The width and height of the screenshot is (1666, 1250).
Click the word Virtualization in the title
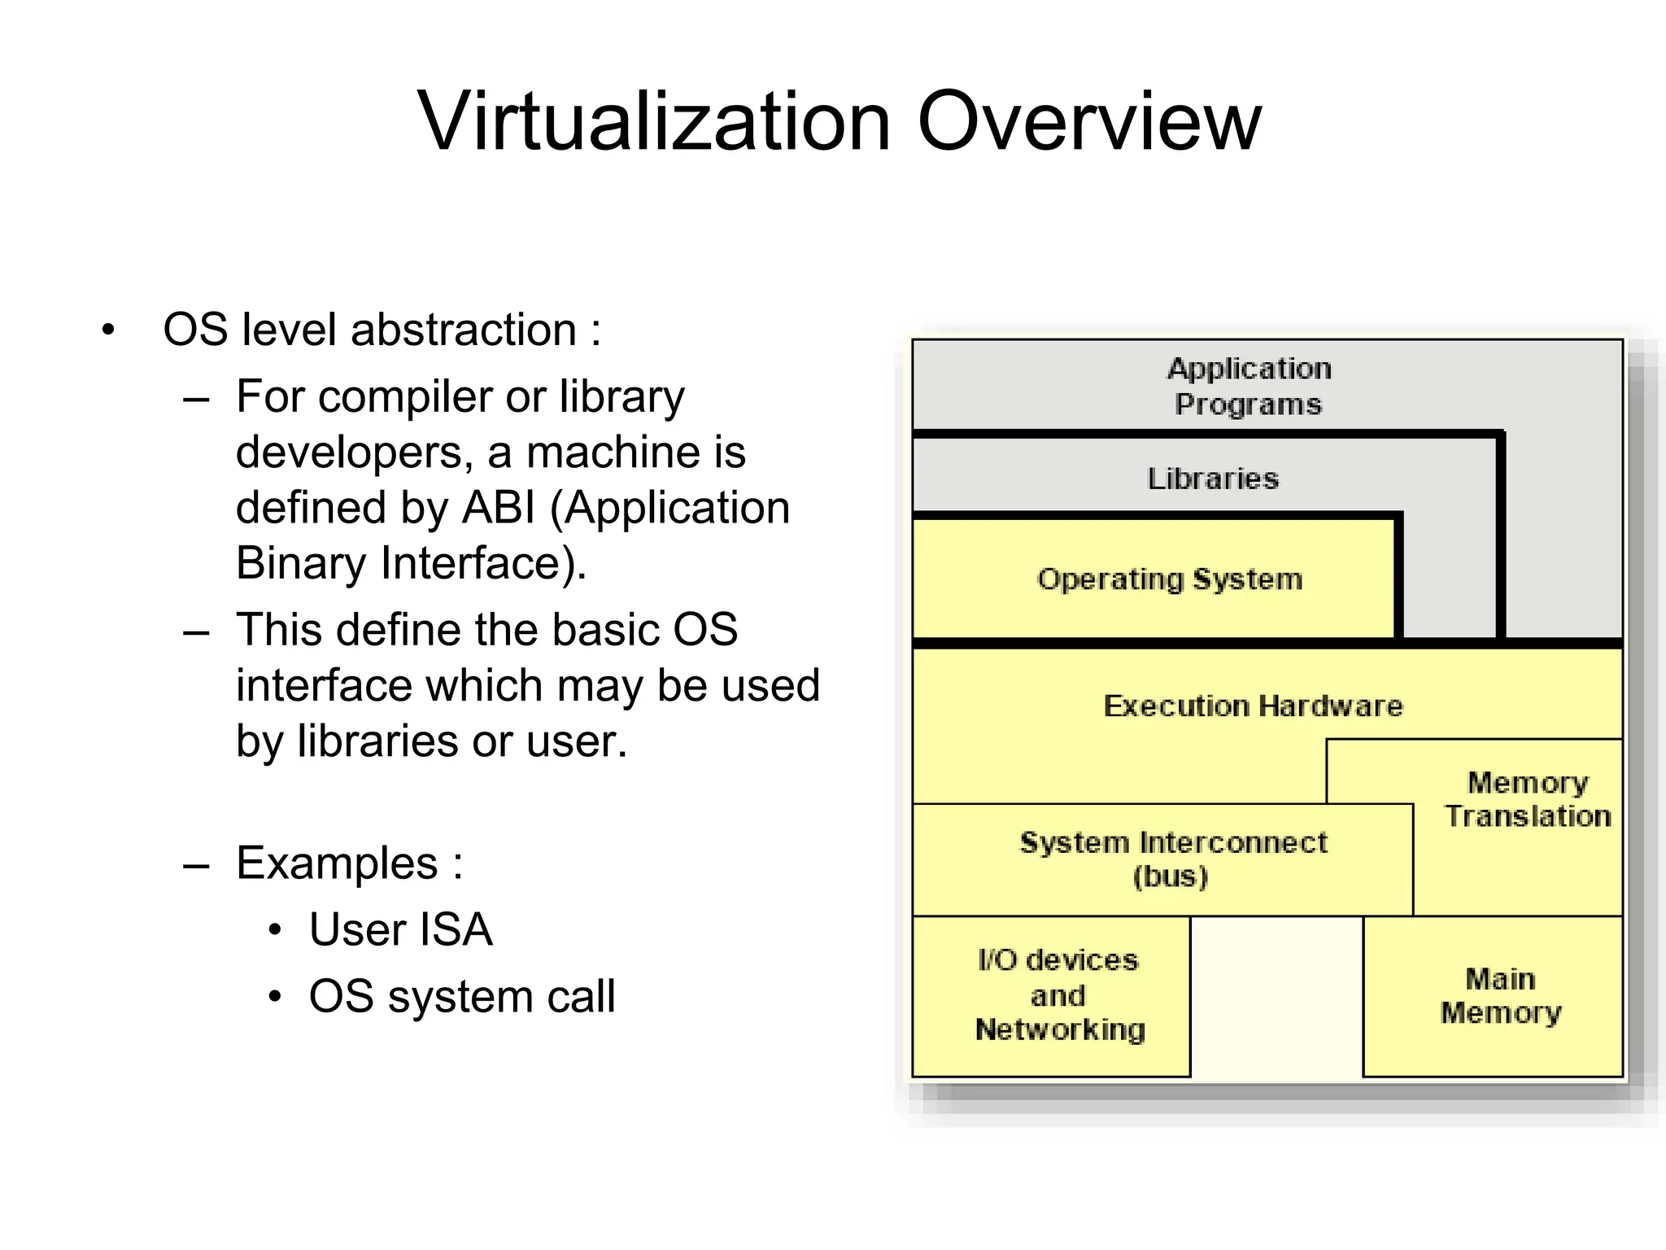click(654, 122)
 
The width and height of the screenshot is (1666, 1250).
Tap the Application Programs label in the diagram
click(1249, 387)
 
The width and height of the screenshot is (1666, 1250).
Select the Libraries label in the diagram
click(1212, 479)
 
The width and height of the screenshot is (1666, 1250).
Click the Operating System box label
click(1170, 579)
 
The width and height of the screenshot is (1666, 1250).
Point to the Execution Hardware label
click(1253, 706)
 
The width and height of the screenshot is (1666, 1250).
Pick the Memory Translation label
click(1528, 799)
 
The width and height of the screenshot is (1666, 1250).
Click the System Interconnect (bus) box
click(1173, 859)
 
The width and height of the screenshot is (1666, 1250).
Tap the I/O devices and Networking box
click(1058, 995)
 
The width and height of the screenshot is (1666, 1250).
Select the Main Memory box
click(1501, 995)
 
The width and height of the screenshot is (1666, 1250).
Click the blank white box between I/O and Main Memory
click(1276, 997)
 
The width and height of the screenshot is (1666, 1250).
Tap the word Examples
click(337, 863)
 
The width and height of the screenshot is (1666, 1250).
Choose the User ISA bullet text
click(400, 929)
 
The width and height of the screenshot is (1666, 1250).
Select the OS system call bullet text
click(461, 996)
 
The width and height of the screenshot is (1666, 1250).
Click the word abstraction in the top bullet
click(463, 330)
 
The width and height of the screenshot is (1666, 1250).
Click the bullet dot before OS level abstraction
click(108, 331)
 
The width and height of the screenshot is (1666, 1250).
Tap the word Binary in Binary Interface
click(301, 563)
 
